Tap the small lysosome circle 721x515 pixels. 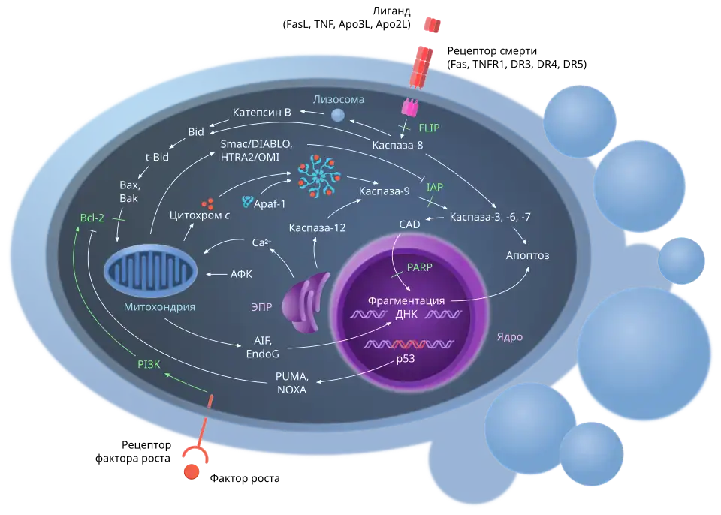(339, 115)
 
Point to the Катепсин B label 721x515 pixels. (261, 113)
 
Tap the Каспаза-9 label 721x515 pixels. (384, 191)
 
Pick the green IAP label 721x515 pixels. (435, 186)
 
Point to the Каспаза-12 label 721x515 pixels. (318, 227)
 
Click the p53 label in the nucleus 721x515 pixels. (406, 359)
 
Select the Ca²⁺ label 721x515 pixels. (261, 242)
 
